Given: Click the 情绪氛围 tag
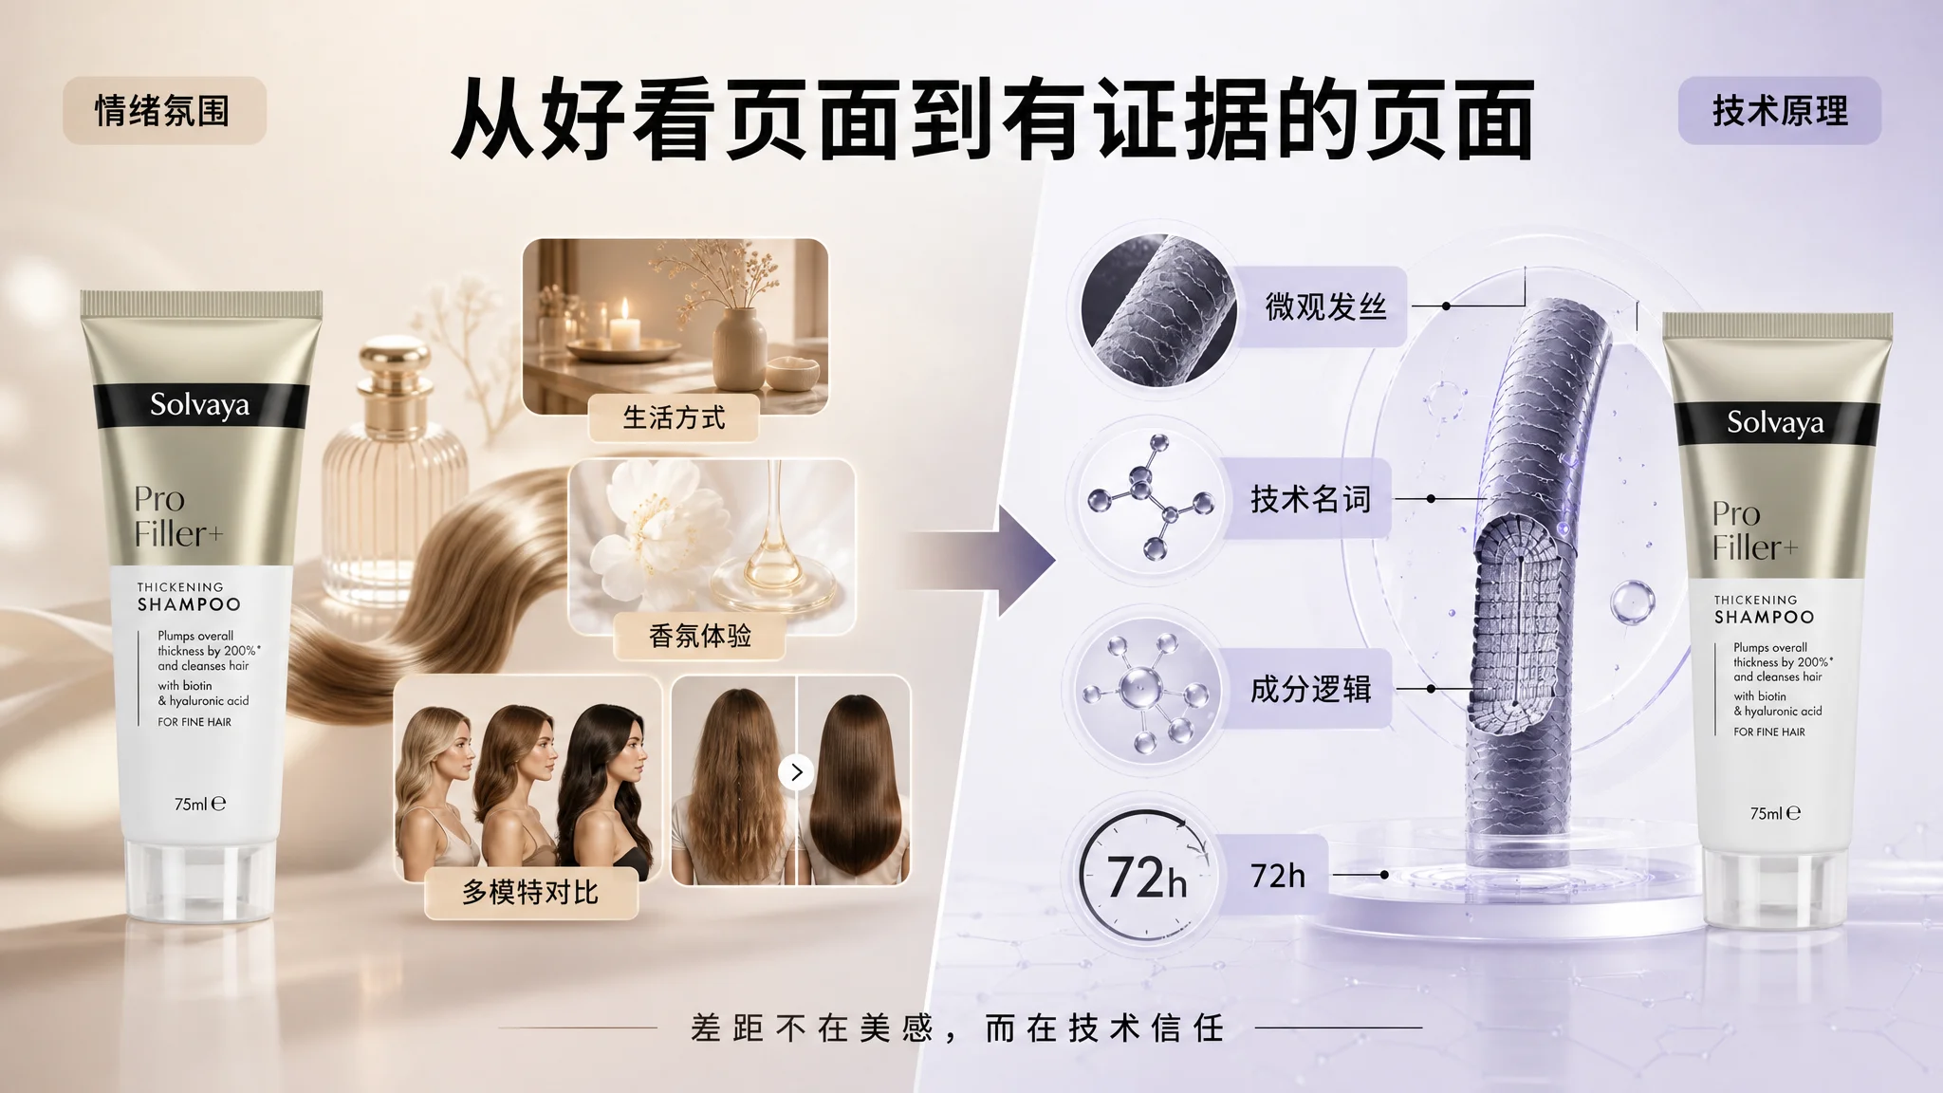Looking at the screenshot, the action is [x=164, y=111].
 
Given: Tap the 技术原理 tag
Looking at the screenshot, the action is [x=1780, y=111].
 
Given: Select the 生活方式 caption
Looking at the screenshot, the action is [x=674, y=417].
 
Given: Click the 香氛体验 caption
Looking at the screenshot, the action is [x=700, y=636].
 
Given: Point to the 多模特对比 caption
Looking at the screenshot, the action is [x=530, y=892].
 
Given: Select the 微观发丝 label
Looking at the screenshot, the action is [x=1326, y=306].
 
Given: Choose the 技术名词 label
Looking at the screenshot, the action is [x=1310, y=498].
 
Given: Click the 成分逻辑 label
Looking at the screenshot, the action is [x=1310, y=689].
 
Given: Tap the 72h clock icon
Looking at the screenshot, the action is [x=1145, y=876].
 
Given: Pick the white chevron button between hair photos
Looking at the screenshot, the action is [x=796, y=772].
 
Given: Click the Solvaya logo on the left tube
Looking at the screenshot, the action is [x=199, y=405].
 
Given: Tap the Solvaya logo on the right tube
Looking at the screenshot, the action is [x=1775, y=422].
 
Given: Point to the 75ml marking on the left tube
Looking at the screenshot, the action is [x=200, y=804].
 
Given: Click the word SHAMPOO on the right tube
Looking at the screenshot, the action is [x=1764, y=617].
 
